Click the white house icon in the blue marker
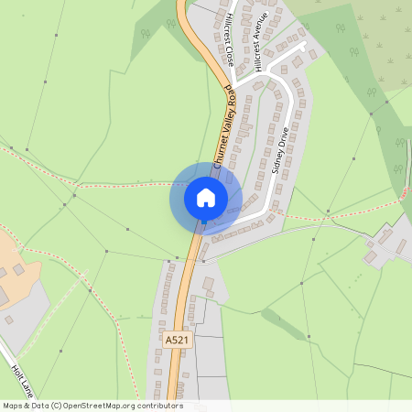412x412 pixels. [205, 197]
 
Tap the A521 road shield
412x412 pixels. [178, 340]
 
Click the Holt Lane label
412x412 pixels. [23, 381]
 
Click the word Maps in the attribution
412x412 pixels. [13, 406]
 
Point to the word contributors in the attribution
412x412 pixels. [160, 406]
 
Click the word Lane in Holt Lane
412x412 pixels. [28, 389]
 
